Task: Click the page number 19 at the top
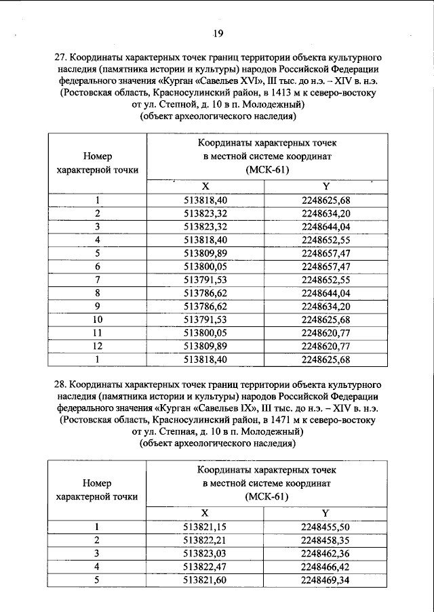(217, 32)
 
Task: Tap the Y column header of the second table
(325, 512)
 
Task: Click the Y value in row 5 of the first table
(325, 253)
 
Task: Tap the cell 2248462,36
(325, 552)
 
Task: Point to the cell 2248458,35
(325, 540)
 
